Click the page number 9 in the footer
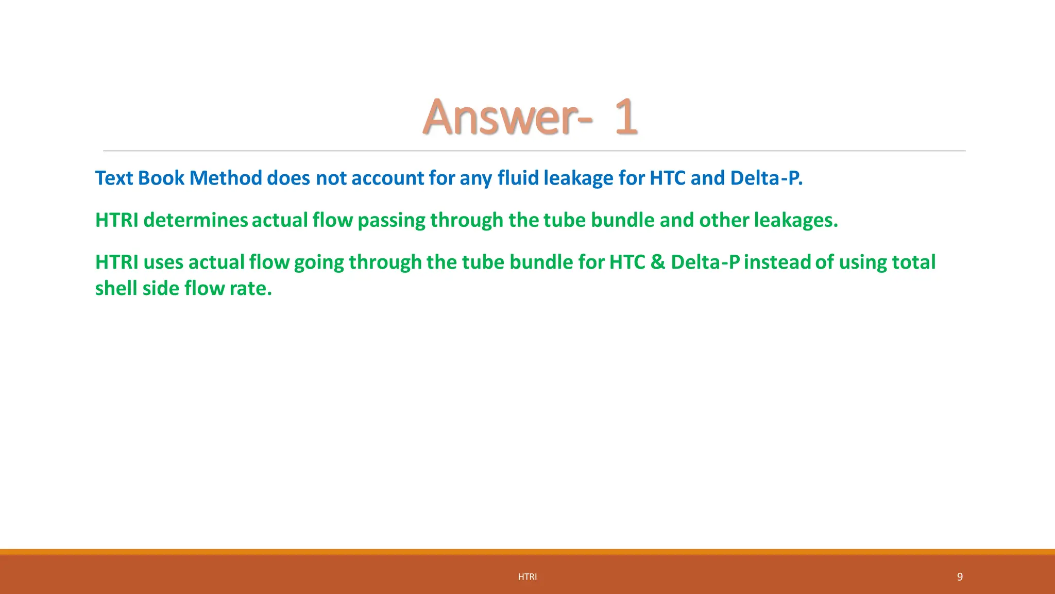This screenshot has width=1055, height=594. coord(960,576)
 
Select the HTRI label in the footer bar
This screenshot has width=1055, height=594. coord(527,577)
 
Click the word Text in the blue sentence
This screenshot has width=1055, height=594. coord(114,178)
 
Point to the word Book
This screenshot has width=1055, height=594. coord(161,178)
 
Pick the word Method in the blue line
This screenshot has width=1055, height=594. coord(226,178)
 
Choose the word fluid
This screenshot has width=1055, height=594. coord(518,178)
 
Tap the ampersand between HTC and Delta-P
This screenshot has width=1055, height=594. coord(658,262)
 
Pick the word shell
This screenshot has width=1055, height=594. coord(116,288)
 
